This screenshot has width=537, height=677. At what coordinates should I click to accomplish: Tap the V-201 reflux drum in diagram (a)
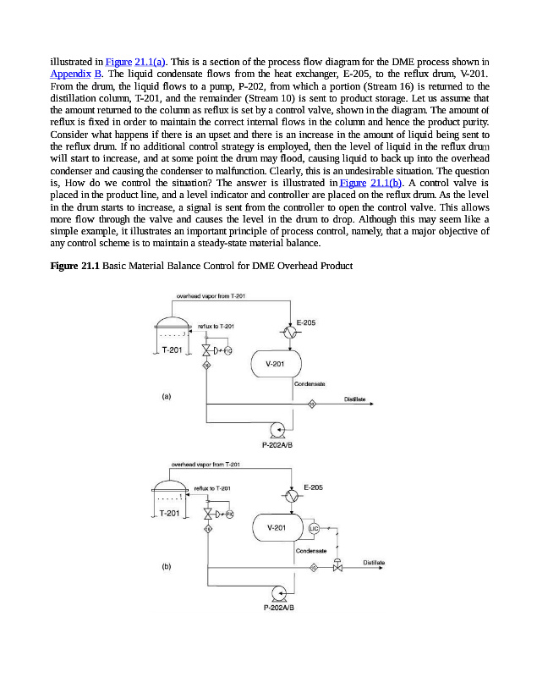point(277,365)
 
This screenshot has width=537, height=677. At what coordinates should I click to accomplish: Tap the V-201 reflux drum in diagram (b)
point(277,527)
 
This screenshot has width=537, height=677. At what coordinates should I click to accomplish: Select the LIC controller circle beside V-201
point(314,528)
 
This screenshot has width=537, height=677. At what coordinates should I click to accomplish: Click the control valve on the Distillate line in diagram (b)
point(338,567)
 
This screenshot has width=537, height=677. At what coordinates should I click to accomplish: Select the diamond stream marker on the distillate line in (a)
point(311,404)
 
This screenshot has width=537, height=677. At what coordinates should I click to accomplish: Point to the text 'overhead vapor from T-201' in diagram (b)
point(206,465)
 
